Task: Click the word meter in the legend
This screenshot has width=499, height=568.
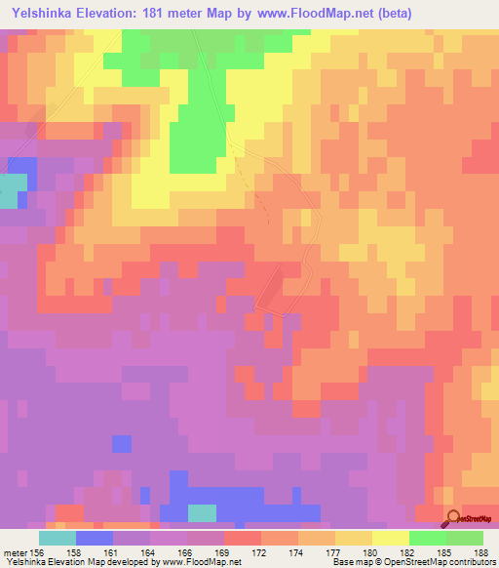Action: (17, 552)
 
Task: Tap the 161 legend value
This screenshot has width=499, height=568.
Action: (112, 552)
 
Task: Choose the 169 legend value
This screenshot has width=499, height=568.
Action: (223, 552)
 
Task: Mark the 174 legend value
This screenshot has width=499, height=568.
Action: (297, 552)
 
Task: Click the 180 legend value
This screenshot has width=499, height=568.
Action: (371, 552)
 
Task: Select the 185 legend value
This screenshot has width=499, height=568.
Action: (445, 552)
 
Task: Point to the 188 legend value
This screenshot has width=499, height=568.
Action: (482, 552)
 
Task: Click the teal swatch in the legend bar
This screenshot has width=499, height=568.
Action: (58, 538)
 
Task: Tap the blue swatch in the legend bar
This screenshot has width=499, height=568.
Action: (95, 538)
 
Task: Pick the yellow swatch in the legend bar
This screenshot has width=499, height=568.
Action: (391, 538)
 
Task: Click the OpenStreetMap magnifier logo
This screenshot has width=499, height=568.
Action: (454, 518)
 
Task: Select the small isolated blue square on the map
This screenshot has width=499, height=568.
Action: (121, 444)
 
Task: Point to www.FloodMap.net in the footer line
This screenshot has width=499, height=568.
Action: (203, 563)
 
